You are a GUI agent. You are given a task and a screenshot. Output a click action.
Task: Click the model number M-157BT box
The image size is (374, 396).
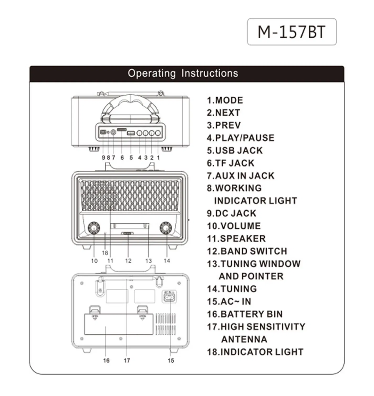click(x=292, y=32)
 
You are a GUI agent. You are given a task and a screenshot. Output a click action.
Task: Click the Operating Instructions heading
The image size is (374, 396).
click(x=183, y=73)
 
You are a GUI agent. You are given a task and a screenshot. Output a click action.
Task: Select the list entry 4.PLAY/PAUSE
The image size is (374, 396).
click(x=240, y=138)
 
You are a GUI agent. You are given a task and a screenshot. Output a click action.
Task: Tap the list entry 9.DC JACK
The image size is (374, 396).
click(x=231, y=213)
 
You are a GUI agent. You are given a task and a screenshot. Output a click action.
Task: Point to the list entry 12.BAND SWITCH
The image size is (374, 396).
click(x=247, y=251)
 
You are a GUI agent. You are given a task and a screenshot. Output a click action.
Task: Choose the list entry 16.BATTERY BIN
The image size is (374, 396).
click(x=245, y=314)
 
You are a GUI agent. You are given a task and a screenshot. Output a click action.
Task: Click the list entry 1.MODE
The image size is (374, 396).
click(x=225, y=100)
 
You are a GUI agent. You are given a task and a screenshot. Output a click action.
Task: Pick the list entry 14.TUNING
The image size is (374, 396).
click(x=232, y=289)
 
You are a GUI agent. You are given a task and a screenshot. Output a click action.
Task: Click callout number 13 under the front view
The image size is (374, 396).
click(x=148, y=261)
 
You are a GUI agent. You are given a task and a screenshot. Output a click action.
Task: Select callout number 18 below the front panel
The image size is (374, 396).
click(x=105, y=253)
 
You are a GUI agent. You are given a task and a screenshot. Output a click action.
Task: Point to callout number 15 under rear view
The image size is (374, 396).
click(x=171, y=360)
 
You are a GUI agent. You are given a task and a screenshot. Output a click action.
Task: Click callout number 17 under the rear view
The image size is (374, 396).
click(x=127, y=360)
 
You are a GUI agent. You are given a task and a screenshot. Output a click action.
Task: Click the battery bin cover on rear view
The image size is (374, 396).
click(x=118, y=324)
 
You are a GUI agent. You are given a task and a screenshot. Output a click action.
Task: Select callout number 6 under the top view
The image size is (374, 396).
click(x=122, y=158)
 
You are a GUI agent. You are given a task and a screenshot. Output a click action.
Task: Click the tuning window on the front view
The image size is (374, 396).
click(x=130, y=226)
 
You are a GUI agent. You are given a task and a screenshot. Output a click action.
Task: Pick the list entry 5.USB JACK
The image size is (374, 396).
click(x=235, y=150)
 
